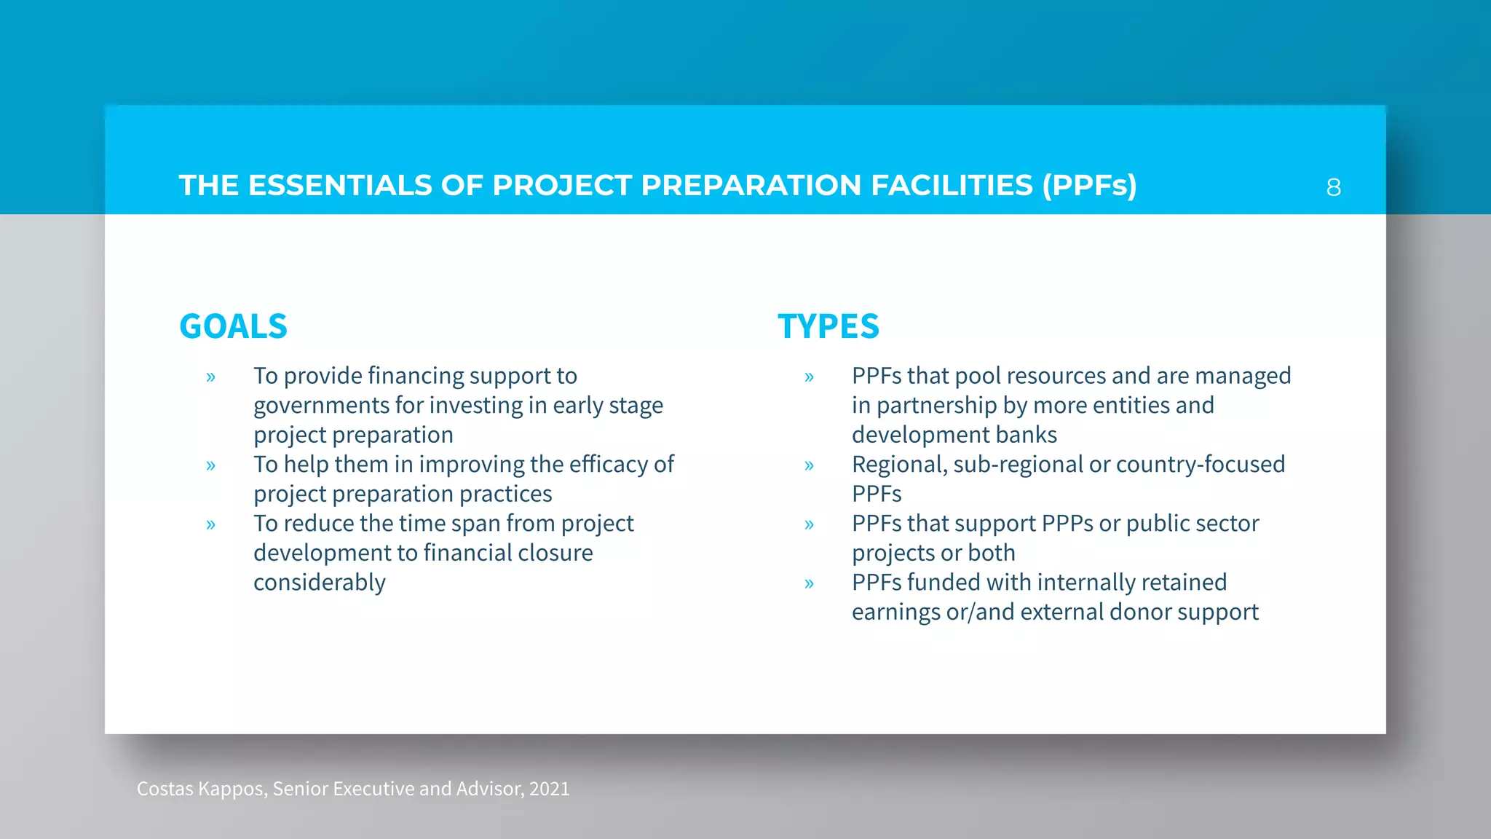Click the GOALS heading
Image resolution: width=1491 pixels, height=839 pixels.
(x=233, y=326)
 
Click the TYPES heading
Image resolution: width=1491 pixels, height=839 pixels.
(x=828, y=326)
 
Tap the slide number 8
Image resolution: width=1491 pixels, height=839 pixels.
(x=1333, y=188)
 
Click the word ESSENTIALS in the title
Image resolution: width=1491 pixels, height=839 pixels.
(x=340, y=186)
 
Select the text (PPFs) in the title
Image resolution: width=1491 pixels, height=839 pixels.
(x=1089, y=186)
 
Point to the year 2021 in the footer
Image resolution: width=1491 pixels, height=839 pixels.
(x=550, y=789)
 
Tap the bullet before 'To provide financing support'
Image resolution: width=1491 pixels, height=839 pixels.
(x=210, y=377)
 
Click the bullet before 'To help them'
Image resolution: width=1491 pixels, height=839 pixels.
(x=210, y=465)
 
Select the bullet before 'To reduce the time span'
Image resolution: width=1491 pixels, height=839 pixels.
(x=210, y=524)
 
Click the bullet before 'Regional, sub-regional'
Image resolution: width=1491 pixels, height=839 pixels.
(x=809, y=465)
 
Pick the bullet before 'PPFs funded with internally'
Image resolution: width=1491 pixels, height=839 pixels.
(x=809, y=583)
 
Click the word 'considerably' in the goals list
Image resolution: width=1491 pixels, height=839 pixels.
(x=320, y=583)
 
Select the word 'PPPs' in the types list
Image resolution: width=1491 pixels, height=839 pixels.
(x=1067, y=524)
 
